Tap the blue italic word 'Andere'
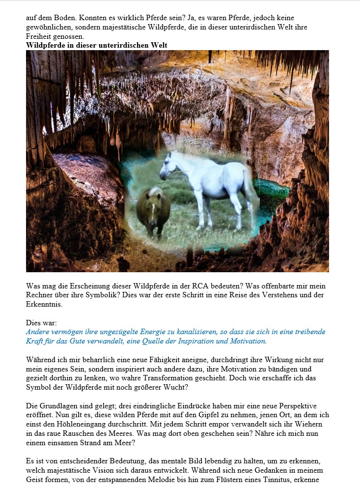(x=38, y=332)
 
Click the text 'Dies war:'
(x=41, y=323)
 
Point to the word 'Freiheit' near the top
(x=38, y=36)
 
